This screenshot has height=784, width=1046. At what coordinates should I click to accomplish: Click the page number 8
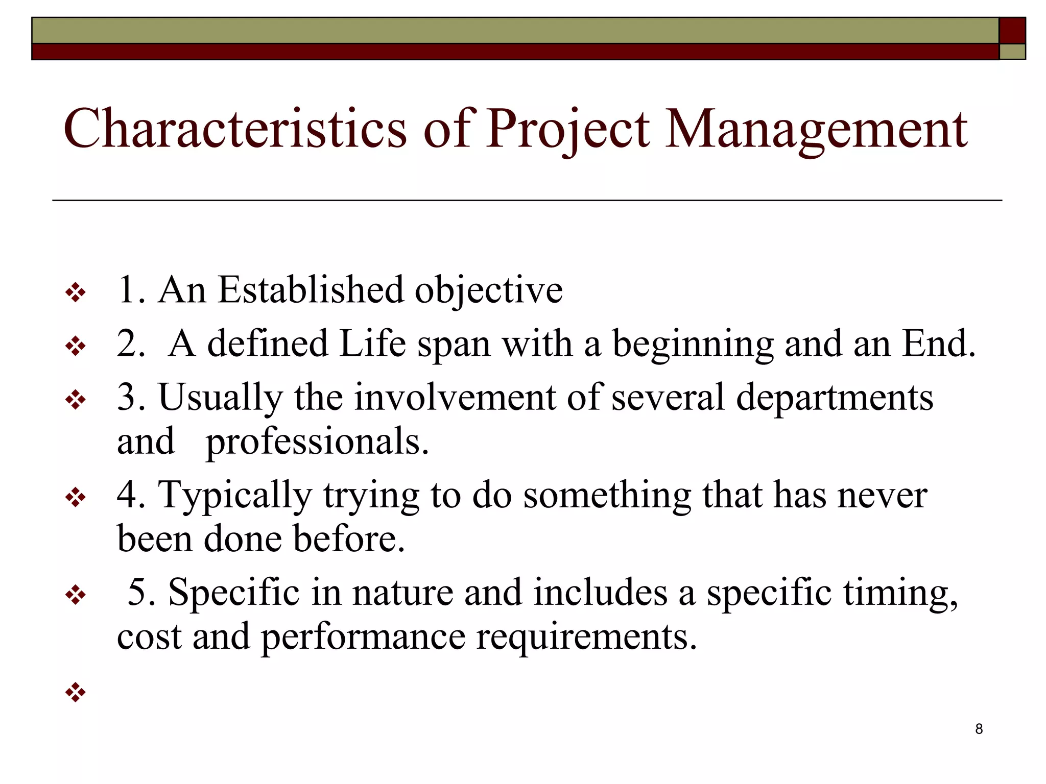[x=979, y=729]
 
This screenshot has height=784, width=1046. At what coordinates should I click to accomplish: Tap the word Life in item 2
[x=372, y=344]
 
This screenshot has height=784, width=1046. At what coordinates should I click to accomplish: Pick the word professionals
[x=317, y=442]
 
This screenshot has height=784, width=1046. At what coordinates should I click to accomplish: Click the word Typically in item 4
[x=234, y=495]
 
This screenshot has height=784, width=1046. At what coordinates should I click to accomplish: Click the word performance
[x=363, y=637]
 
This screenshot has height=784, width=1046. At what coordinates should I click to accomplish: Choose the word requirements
[x=586, y=637]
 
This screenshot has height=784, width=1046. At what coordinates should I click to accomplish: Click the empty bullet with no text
[x=76, y=692]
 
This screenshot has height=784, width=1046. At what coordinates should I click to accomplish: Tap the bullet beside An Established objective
[x=76, y=293]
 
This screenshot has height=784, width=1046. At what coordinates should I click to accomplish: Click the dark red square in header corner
[x=1012, y=31]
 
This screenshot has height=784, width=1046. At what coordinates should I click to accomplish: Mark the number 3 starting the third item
[x=127, y=397]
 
